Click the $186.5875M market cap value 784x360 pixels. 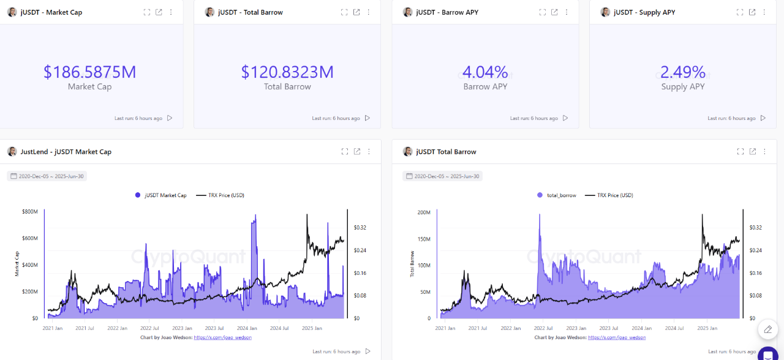tap(89, 72)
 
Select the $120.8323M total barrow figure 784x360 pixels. tap(287, 72)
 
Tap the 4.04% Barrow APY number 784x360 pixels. tap(485, 72)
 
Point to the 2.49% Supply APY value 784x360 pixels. tap(683, 72)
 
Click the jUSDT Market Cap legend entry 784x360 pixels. tap(160, 195)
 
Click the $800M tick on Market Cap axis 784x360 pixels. tap(29, 212)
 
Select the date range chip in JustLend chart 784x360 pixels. tap(47, 176)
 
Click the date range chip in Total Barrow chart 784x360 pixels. tap(442, 176)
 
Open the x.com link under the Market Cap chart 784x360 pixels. tap(222, 337)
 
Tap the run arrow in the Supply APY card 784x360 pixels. tap(763, 118)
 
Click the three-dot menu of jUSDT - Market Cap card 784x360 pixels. tap(171, 12)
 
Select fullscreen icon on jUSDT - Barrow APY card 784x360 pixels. tap(542, 12)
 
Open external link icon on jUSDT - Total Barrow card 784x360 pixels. tap(356, 12)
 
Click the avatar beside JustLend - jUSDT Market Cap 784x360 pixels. tap(12, 151)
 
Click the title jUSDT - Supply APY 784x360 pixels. tap(644, 12)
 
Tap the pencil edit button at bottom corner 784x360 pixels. tap(767, 329)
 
